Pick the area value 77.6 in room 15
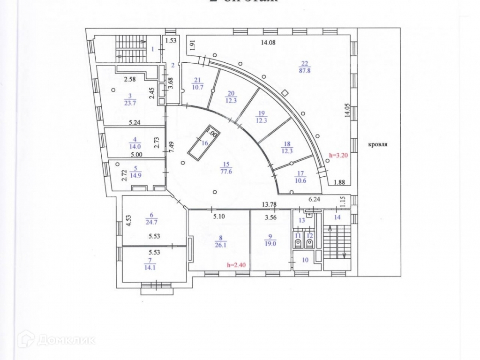[226, 171]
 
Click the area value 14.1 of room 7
[137, 269]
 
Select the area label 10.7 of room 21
[197, 87]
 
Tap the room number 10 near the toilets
[304, 261]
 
